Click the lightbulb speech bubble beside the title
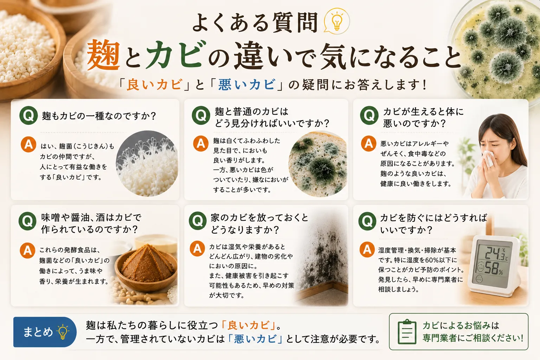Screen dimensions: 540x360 (337, 21)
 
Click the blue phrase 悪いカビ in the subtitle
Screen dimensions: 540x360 (246, 85)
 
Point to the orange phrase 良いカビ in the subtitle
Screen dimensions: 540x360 (154, 85)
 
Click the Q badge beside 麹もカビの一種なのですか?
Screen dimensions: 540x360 (28, 116)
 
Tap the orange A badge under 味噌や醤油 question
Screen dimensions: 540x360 (27, 251)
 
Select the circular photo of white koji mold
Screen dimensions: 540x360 (147, 163)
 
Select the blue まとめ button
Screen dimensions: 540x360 (45, 332)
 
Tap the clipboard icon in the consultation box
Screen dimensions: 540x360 (407, 332)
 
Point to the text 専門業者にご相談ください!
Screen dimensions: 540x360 (473, 338)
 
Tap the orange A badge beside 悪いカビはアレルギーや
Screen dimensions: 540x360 (368, 143)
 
